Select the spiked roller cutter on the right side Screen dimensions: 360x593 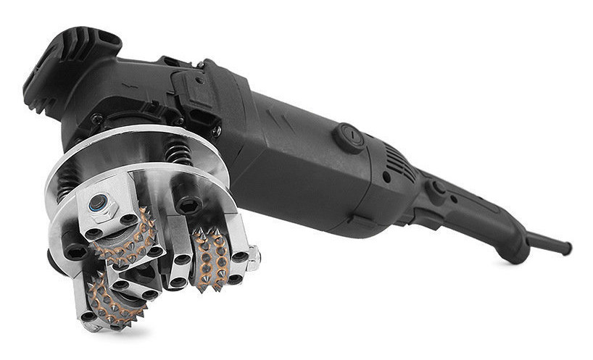coord(211,257)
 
